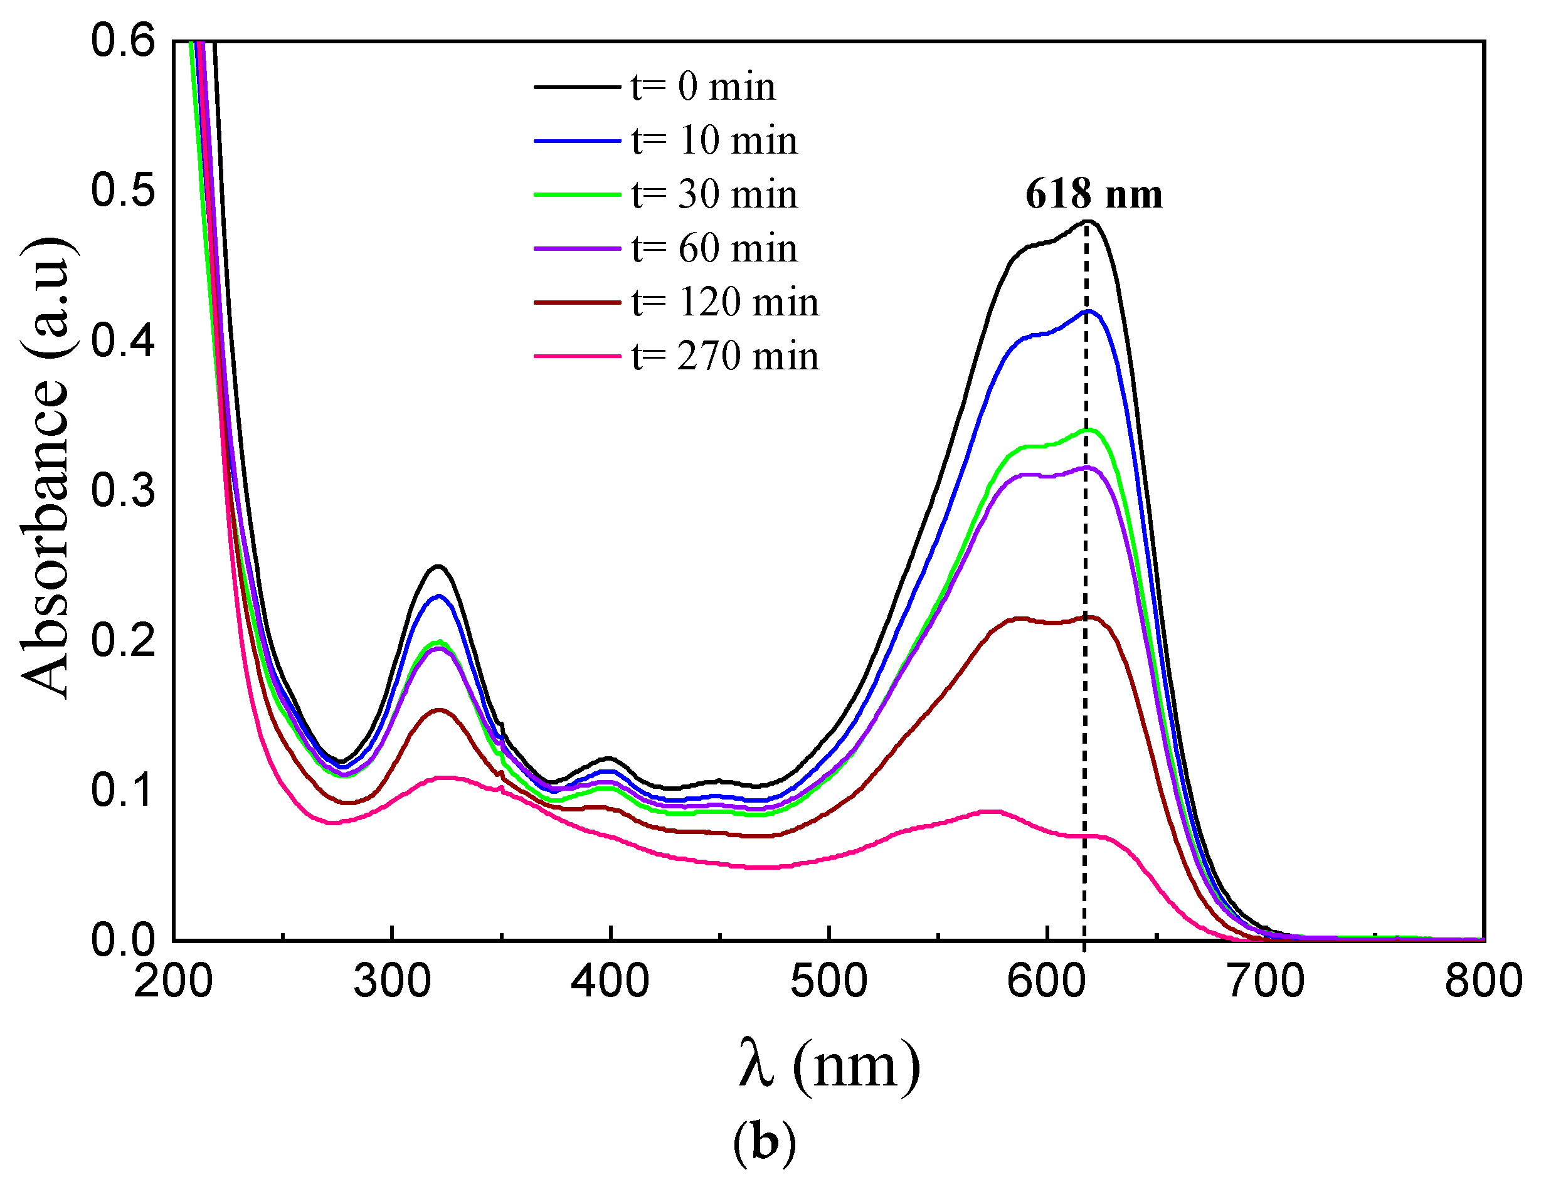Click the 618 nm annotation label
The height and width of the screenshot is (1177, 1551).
pos(1093,194)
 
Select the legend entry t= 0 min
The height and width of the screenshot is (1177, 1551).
pos(703,87)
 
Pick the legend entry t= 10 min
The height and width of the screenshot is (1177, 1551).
pos(714,140)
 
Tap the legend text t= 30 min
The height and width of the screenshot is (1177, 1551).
pos(714,194)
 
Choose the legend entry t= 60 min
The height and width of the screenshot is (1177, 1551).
pos(714,248)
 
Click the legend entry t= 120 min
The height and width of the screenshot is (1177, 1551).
pos(724,302)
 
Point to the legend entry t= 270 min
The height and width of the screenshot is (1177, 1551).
pos(724,356)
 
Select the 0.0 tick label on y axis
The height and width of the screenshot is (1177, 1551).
pos(123,939)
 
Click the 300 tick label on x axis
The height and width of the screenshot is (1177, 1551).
pos(392,981)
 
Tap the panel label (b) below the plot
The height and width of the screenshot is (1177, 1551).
pos(765,1143)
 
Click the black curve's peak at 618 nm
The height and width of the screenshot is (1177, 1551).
pos(1088,221)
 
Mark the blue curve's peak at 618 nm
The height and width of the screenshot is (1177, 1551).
pos(1088,311)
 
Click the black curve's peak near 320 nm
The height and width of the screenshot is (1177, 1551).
pos(438,566)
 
